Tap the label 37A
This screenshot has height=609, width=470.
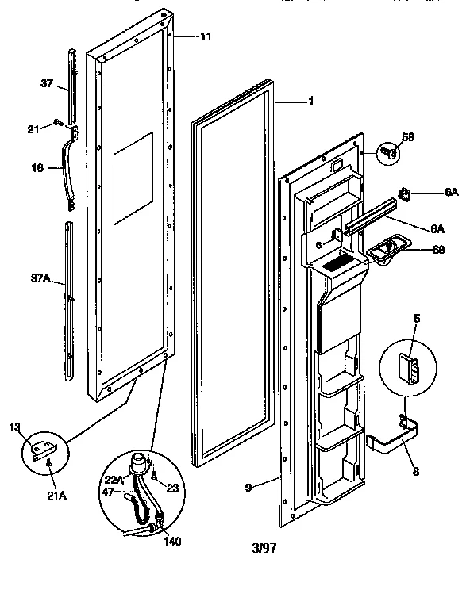tap(40, 279)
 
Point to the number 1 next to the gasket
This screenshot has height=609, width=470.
tap(311, 101)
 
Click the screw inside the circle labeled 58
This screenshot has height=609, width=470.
tap(389, 151)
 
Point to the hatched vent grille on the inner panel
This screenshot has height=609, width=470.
tap(340, 259)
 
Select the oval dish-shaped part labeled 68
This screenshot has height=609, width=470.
tap(386, 253)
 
